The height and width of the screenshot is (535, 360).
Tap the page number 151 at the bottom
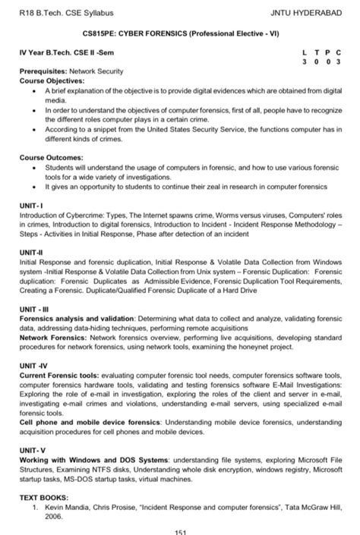pos(179,530)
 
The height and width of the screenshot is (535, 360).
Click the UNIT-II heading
pos(31,251)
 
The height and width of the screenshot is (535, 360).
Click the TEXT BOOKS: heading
pos(47,497)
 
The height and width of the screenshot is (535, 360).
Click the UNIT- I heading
pos(31,205)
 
